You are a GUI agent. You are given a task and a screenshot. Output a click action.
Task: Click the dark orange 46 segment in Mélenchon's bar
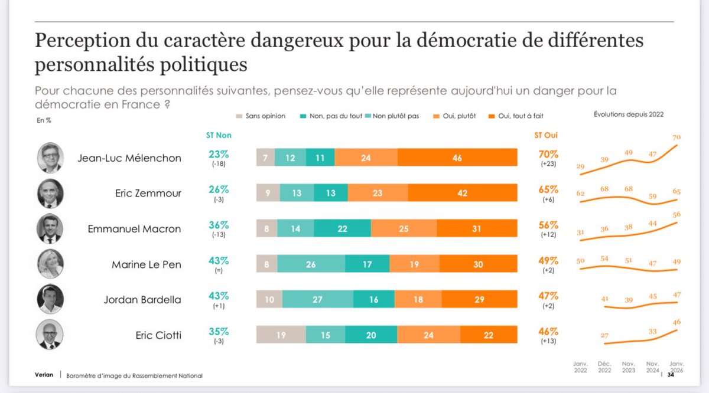pos(457,158)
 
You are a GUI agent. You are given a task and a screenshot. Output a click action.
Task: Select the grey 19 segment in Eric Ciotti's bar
pos(281,335)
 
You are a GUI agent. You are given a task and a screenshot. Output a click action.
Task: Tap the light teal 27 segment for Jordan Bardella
pos(318,300)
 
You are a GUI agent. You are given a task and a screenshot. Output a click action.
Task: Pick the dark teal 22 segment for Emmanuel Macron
pos(342,228)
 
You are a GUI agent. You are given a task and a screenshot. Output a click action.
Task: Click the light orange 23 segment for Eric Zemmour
pos(378,193)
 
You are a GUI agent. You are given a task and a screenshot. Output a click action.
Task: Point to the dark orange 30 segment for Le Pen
pos(479,264)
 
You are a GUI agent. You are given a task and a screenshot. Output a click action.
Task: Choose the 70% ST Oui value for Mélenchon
pos(547,155)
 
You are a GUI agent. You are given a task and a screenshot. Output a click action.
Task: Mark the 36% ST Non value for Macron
pos(219,225)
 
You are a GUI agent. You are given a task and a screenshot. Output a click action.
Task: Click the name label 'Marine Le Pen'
pos(147,264)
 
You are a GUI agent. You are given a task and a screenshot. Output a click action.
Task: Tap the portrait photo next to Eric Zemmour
pos(50,193)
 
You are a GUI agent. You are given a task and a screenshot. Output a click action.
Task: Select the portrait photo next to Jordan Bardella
pos(50,300)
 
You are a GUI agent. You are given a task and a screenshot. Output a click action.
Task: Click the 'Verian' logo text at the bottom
pos(45,375)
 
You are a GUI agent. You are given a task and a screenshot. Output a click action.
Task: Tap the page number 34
pos(671,375)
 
